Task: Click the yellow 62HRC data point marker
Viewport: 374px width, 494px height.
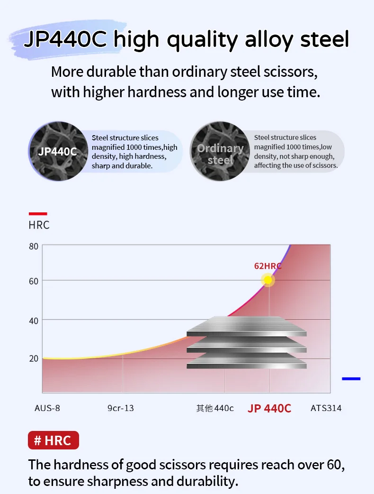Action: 268,280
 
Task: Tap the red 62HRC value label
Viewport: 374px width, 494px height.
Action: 267,266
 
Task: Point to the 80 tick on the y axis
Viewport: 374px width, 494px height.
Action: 33,246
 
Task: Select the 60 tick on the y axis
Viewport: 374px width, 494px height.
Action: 33,281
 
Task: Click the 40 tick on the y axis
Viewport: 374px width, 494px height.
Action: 33,321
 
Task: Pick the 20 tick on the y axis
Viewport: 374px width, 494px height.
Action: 33,358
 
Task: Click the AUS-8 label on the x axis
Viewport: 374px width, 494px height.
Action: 47,408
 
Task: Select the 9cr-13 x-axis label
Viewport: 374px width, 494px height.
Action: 121,408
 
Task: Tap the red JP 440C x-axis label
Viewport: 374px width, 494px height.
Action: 269,408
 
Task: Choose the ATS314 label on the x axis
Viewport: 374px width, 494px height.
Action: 326,408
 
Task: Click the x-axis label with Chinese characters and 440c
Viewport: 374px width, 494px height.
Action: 215,408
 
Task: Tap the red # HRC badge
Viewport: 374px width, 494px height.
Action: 53,440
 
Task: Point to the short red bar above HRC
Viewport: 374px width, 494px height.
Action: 38,214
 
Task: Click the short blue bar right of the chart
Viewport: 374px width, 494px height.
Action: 351,379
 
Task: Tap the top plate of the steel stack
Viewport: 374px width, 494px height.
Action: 246,327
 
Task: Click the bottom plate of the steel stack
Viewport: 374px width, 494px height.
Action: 246,363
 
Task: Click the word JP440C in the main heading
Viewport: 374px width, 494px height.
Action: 67,40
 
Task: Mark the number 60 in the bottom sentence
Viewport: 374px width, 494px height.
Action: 335,465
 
